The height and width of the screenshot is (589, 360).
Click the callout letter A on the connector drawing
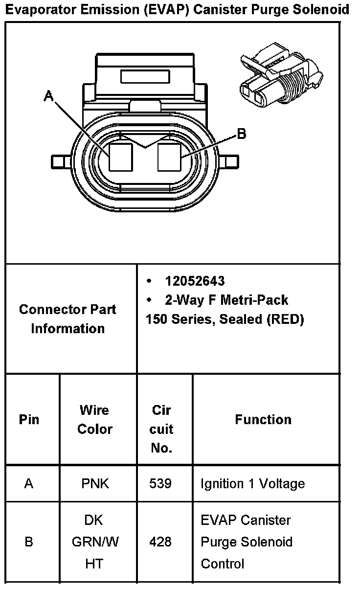pyautogui.click(x=49, y=96)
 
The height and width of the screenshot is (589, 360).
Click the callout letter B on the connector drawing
pyautogui.click(x=241, y=134)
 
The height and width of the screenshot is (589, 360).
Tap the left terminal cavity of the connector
pyautogui.click(x=121, y=157)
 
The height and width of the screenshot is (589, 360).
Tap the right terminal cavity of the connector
pyautogui.click(x=170, y=157)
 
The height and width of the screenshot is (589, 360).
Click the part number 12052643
pyautogui.click(x=195, y=281)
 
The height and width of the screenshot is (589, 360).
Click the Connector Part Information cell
pyautogui.click(x=68, y=319)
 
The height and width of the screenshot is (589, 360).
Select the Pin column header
pyautogui.click(x=29, y=420)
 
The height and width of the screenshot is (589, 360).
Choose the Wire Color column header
pyautogui.click(x=95, y=420)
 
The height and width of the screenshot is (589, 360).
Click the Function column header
pyautogui.click(x=263, y=420)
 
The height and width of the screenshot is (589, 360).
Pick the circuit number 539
pyautogui.click(x=160, y=484)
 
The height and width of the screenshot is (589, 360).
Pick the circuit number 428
pyautogui.click(x=160, y=542)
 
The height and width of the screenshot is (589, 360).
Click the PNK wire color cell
pyautogui.click(x=95, y=484)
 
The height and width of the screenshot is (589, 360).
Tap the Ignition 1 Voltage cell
pyautogui.click(x=253, y=484)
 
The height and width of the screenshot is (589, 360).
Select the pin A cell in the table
pyautogui.click(x=29, y=484)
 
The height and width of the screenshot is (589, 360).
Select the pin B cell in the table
pyautogui.click(x=29, y=542)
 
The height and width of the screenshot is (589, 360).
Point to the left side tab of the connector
pyautogui.click(x=61, y=161)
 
